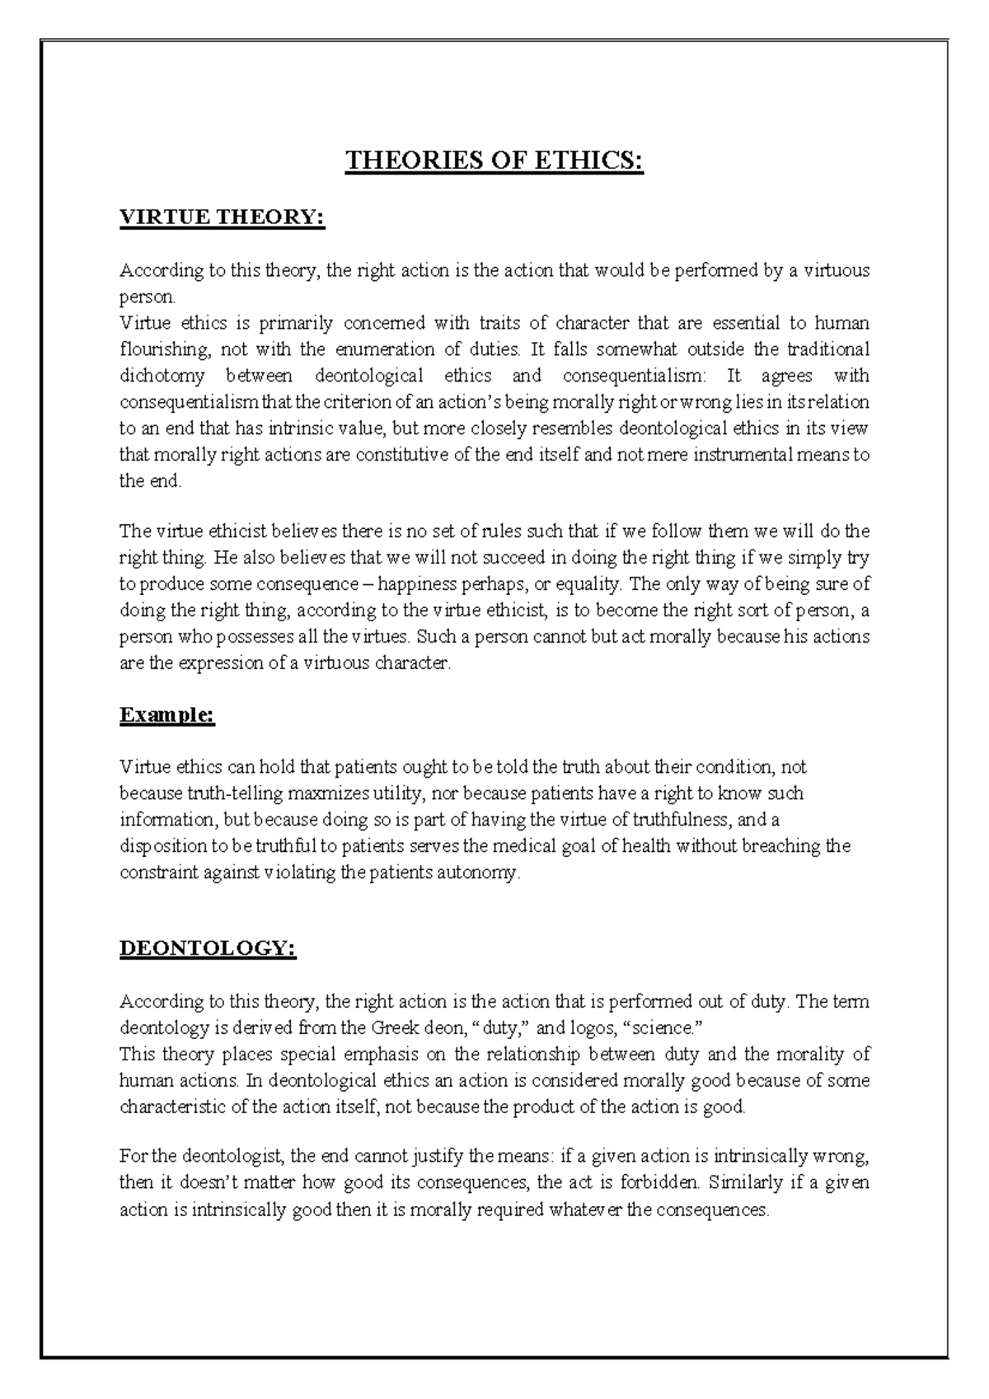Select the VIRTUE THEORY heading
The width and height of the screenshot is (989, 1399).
(x=223, y=218)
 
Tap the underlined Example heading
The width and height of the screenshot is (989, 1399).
(x=167, y=715)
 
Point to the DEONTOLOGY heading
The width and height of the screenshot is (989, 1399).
(x=208, y=949)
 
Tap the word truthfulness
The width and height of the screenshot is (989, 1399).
(x=668, y=821)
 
